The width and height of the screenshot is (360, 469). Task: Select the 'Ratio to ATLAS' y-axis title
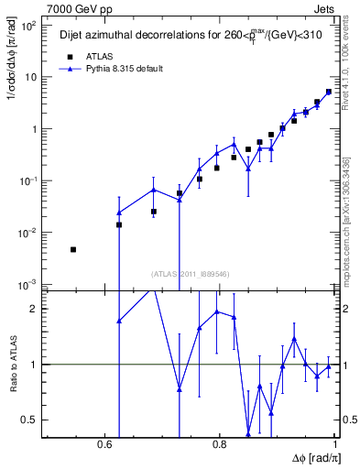coord(12,364)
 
